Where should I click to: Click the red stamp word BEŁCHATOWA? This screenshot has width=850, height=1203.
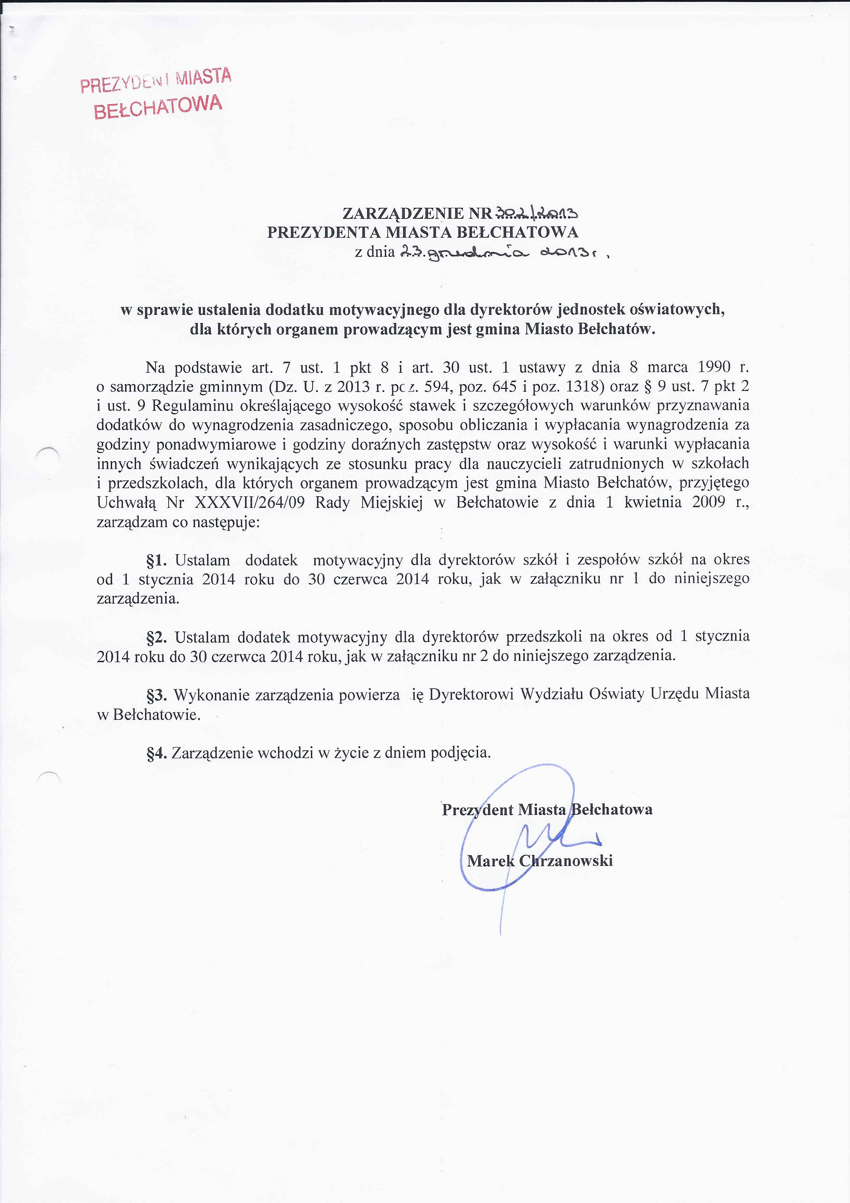[x=158, y=107]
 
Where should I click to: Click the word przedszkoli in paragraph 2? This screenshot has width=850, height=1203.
[x=544, y=637]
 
